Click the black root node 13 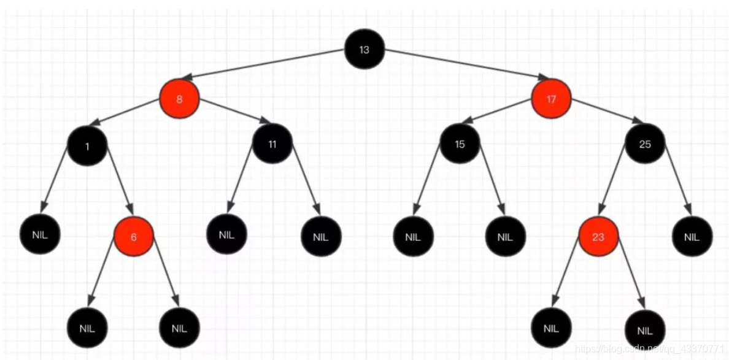click(x=364, y=50)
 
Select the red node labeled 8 click(x=179, y=99)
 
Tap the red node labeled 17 click(x=551, y=99)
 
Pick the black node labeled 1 click(x=87, y=146)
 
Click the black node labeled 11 click(x=272, y=145)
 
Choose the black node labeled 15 click(x=460, y=145)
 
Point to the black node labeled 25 click(x=645, y=144)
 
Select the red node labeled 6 click(x=134, y=237)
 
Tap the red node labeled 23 click(x=598, y=237)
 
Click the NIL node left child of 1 click(x=40, y=234)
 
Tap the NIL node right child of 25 click(x=692, y=236)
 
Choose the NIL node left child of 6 click(x=87, y=327)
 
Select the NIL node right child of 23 click(x=645, y=331)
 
